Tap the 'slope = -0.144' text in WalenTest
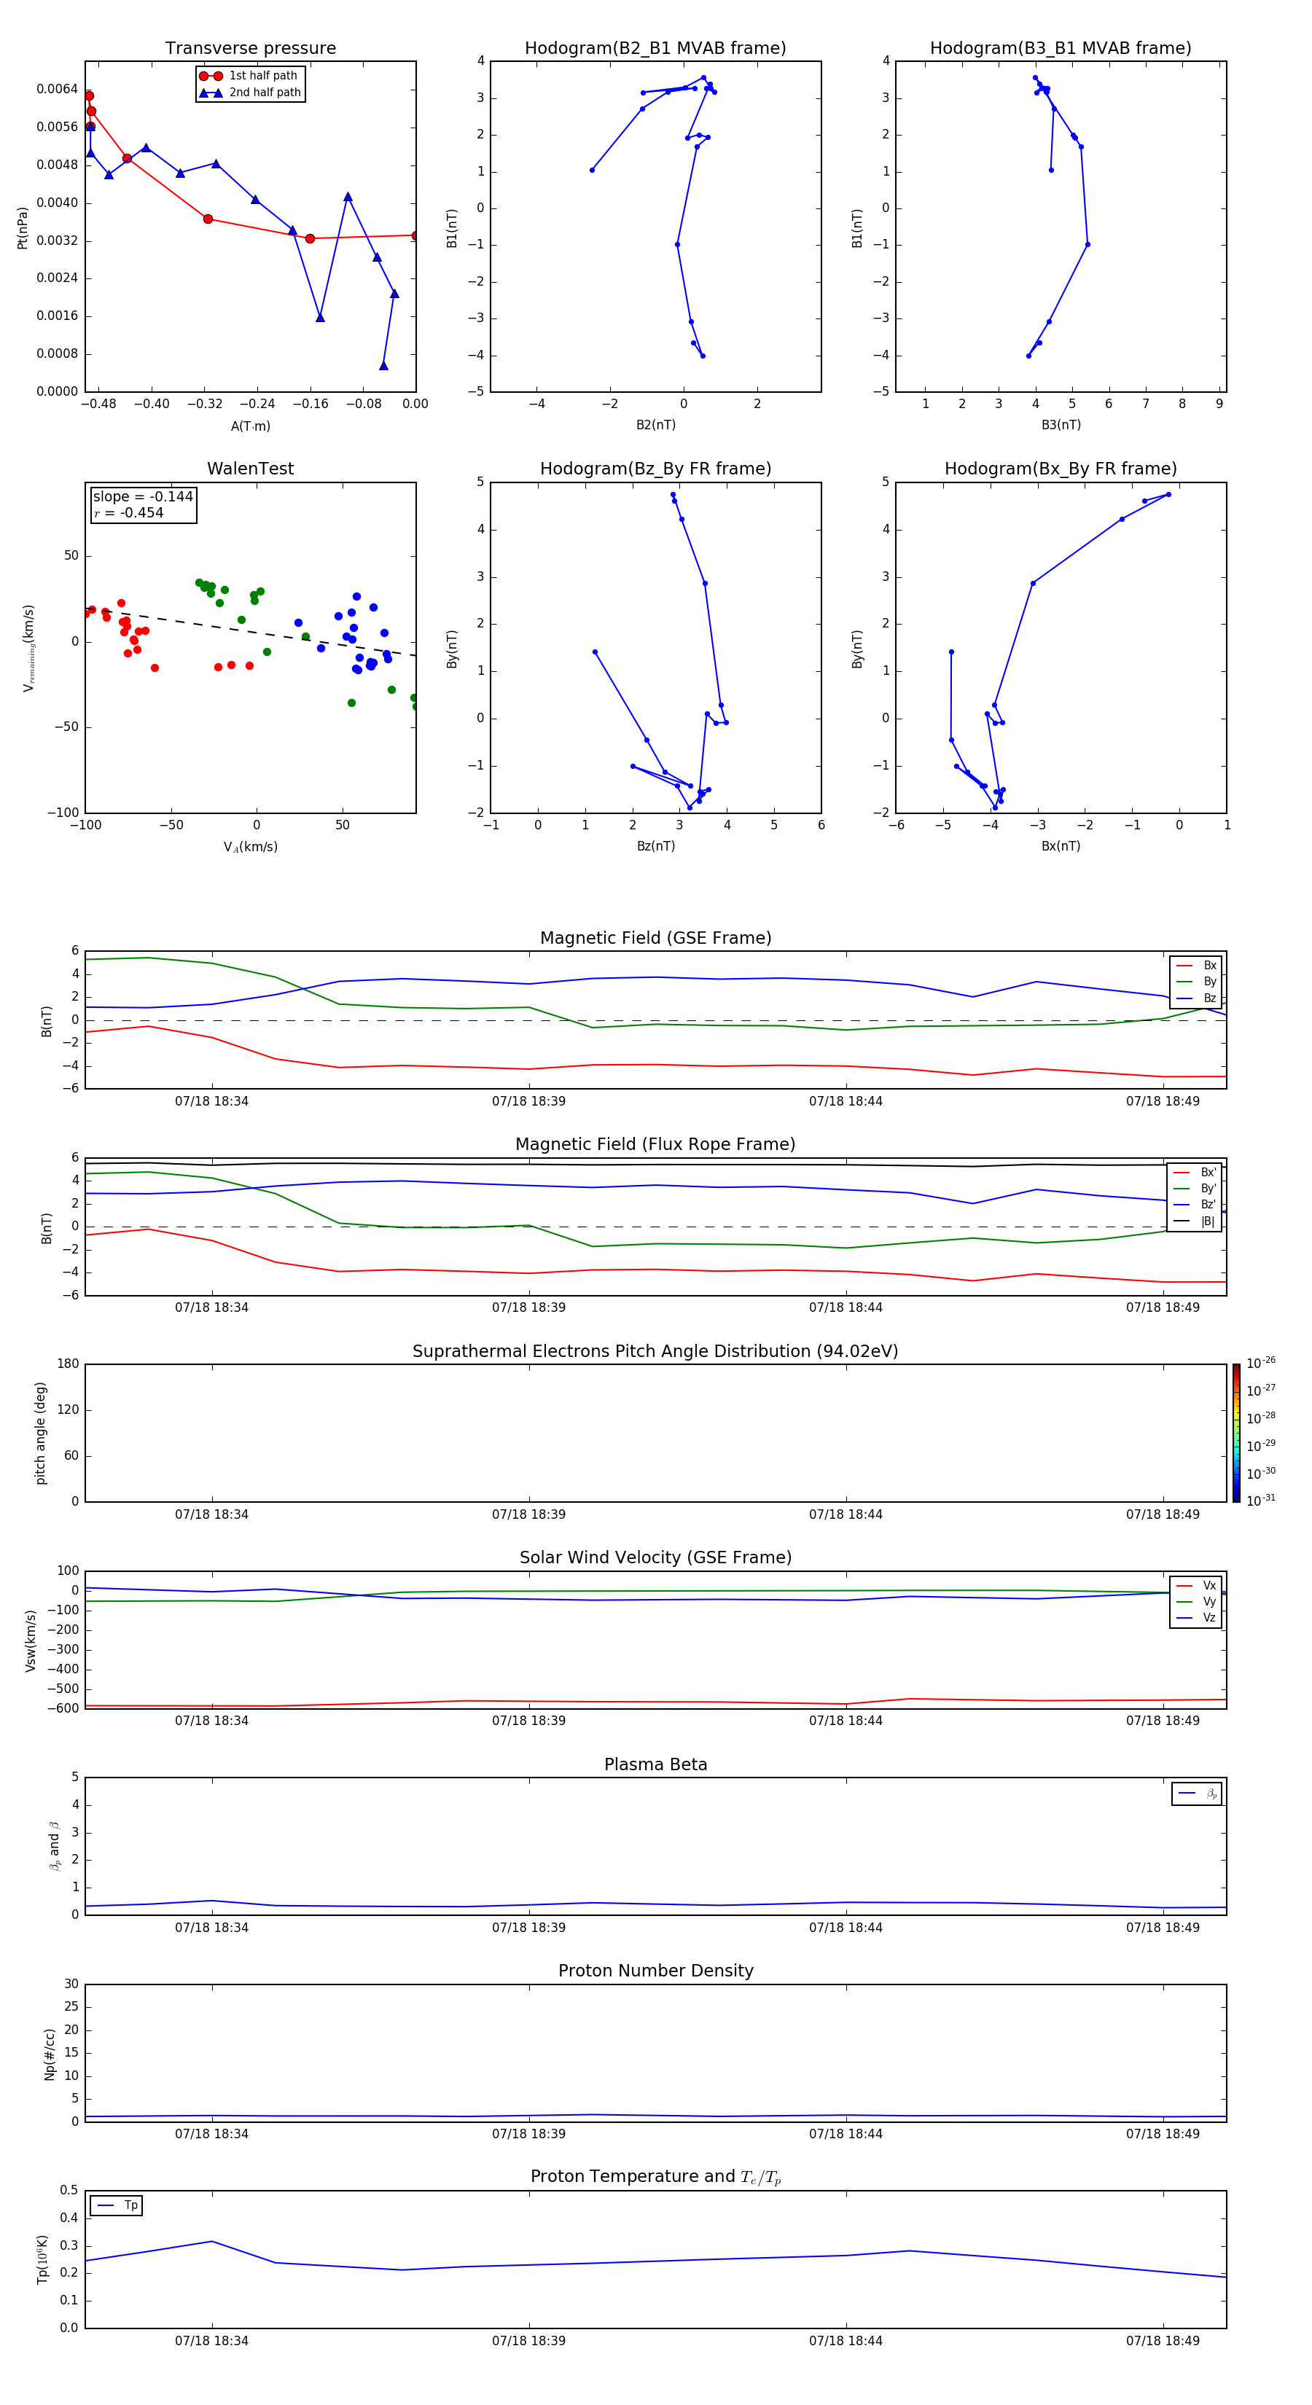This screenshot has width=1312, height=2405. (143, 497)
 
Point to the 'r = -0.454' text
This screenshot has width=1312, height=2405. (129, 512)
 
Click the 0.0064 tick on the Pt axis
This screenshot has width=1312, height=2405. (57, 89)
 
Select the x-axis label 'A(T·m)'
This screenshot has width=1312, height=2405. (250, 426)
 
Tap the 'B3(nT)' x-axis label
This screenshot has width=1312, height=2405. (1061, 425)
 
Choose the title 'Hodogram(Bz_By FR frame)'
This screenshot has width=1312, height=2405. (655, 469)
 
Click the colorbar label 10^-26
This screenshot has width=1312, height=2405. (1261, 1363)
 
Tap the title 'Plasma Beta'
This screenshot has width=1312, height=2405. (655, 1764)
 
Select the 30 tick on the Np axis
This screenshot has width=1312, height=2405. (71, 1984)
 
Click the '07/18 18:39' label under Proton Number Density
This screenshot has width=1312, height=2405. (528, 2133)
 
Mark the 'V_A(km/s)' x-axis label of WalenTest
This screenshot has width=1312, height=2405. (250, 847)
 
